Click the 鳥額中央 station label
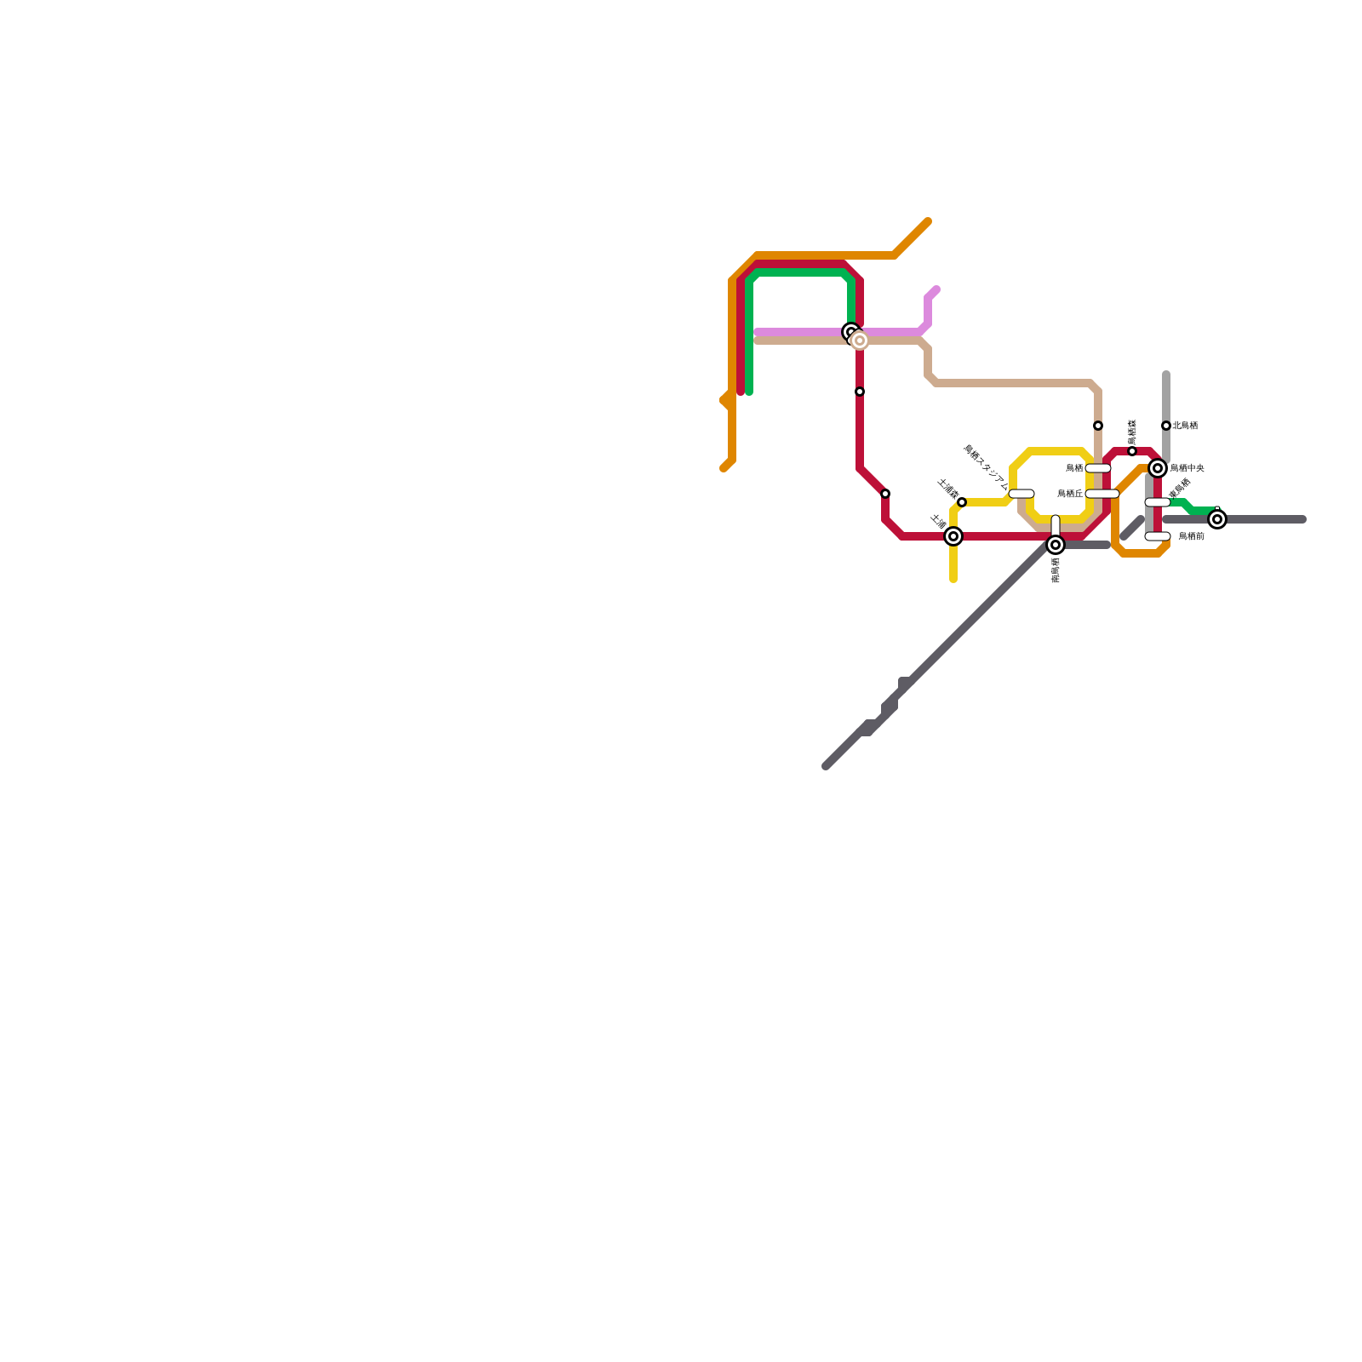point(1187,468)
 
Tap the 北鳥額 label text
point(1184,426)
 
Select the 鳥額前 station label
point(1191,536)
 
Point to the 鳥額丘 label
point(1070,494)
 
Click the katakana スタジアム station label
point(986,468)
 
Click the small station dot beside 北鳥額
point(1166,426)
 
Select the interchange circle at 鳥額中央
point(1158,468)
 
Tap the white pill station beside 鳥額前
point(1158,536)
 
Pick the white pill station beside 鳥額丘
point(1102,494)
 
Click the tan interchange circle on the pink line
point(860,340)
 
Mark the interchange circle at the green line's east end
point(1218,519)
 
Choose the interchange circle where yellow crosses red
point(953,536)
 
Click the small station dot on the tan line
point(1098,426)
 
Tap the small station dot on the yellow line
point(962,502)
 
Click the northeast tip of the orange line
point(928,222)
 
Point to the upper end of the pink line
point(936,289)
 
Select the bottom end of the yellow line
point(953,580)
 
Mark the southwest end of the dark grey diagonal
point(827,766)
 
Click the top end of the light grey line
point(1166,375)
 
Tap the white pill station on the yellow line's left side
point(1021,494)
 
